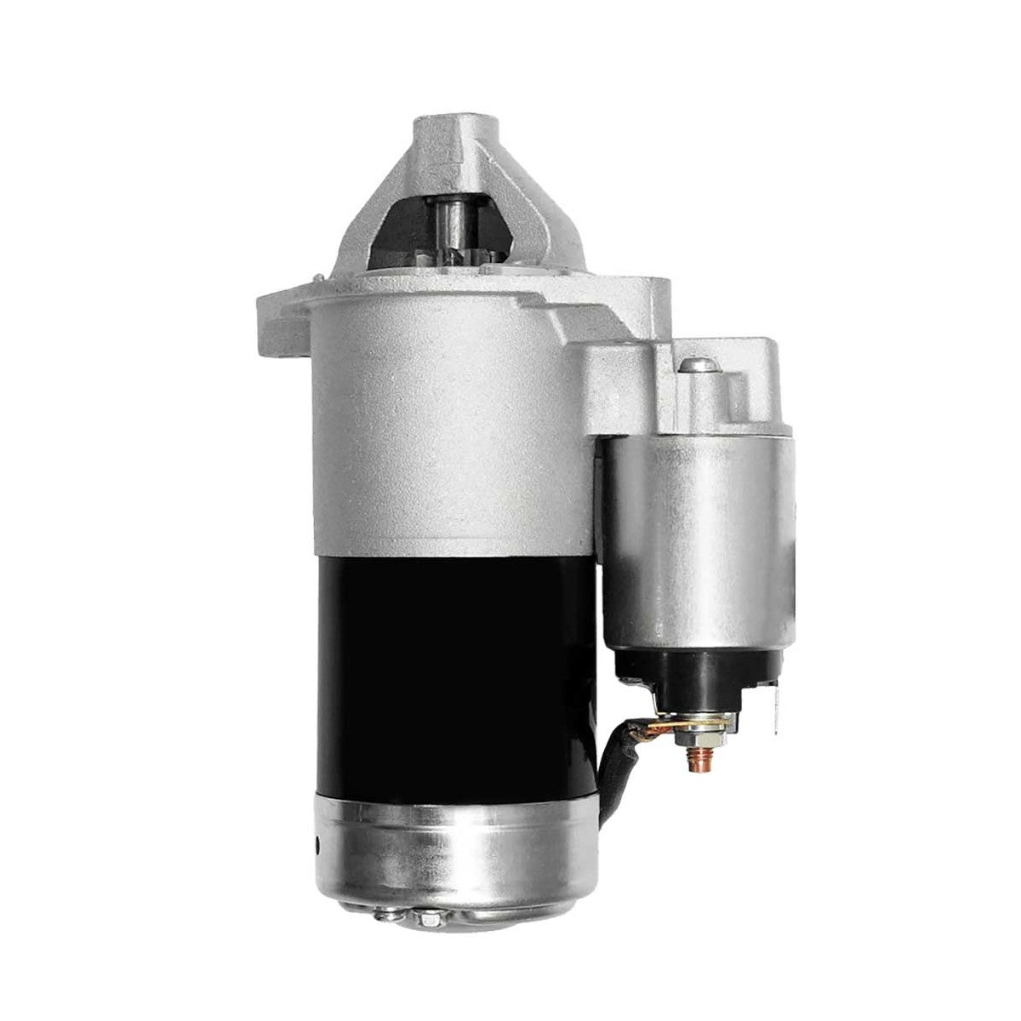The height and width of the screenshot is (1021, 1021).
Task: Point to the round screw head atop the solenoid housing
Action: [697, 366]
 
